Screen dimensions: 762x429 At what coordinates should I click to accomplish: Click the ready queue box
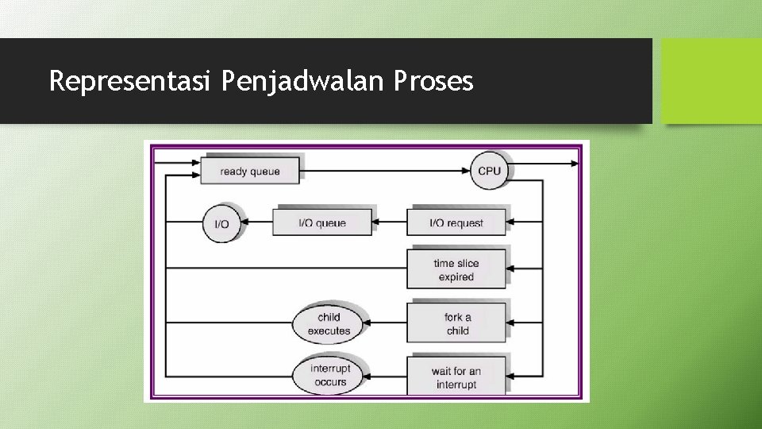tap(249, 171)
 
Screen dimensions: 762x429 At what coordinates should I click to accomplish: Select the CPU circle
tap(489, 171)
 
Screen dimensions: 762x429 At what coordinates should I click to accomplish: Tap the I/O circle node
tap(221, 223)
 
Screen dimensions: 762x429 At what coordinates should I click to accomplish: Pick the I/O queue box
tap(321, 222)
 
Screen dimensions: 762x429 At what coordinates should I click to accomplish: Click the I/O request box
tap(456, 222)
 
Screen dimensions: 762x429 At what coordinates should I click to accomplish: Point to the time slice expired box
tap(456, 269)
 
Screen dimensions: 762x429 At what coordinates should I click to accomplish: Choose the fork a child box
tap(456, 323)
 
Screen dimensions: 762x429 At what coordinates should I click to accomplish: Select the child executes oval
tap(328, 323)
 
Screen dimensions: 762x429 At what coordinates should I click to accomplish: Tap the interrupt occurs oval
tap(329, 375)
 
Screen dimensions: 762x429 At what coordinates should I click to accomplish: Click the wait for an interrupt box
tap(456, 377)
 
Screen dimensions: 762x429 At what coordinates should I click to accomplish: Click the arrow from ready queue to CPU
tap(385, 170)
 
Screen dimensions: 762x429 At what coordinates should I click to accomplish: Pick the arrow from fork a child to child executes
tap(385, 323)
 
